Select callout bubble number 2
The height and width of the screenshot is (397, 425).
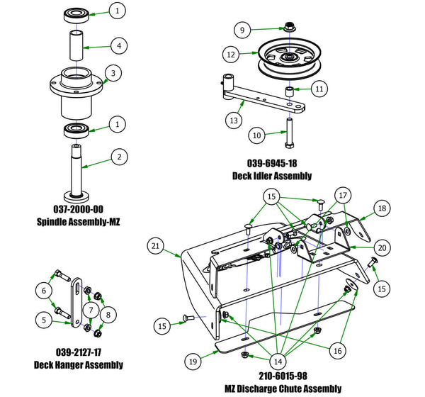point(120,156)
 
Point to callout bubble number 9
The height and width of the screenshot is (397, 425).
point(242,30)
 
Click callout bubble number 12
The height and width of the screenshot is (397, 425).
point(231,53)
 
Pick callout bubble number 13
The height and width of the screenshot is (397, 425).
point(233,121)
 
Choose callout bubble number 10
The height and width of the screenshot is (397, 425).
point(258,133)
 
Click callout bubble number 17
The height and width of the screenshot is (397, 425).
point(342,195)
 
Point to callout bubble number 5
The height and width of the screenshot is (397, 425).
point(45,320)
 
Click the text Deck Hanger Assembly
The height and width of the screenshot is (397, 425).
point(79,365)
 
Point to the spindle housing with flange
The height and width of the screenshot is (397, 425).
point(75,91)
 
